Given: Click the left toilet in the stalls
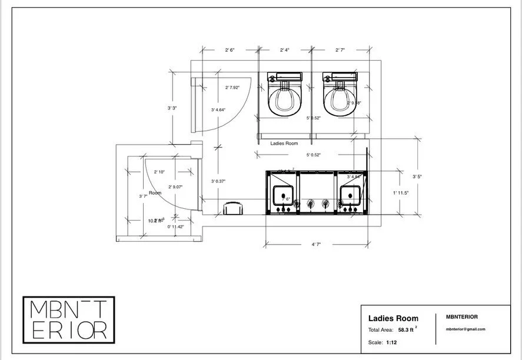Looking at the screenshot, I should [284, 95].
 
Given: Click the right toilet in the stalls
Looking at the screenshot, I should [339, 95].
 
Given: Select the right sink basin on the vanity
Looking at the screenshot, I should [351, 194].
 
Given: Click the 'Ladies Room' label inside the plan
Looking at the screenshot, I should [284, 144].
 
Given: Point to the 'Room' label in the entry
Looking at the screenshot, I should [155, 193].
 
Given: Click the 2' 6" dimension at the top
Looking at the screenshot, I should [230, 51].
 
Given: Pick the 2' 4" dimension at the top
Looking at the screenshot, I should [285, 51].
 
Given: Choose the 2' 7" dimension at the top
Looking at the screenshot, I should [340, 51].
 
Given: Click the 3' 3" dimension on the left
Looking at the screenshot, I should [172, 108].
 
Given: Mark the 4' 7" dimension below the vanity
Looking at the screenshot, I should [316, 244].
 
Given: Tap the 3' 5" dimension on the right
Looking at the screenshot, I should [417, 176].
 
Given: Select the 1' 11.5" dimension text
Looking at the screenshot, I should [401, 193].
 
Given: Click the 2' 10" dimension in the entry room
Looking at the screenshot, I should [159, 172].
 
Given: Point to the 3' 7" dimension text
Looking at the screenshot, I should [142, 196].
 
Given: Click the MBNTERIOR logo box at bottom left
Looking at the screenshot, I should [68, 319].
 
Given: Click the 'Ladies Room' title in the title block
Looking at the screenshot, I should [393, 318].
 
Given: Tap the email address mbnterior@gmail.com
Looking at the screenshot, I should [466, 329].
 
